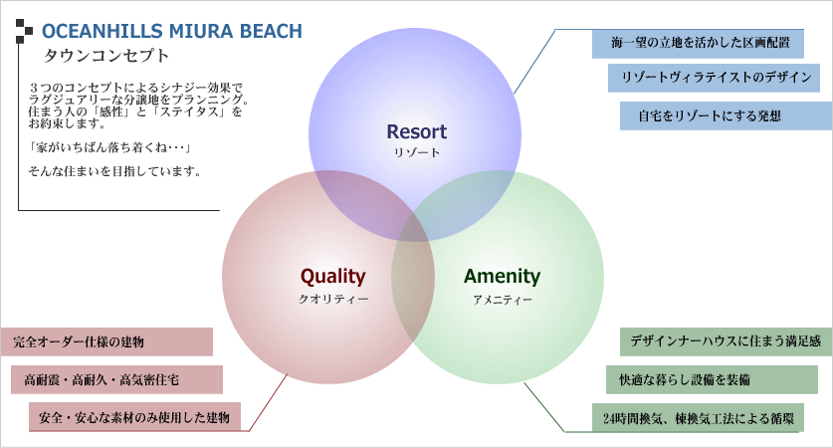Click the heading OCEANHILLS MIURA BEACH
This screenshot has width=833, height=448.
point(171,32)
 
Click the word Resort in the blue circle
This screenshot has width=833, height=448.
point(416,132)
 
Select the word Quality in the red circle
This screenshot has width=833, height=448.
point(333,277)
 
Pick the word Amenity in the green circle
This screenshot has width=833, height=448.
point(502,277)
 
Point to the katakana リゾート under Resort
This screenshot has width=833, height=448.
point(416,153)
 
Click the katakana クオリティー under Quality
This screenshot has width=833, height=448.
point(333,299)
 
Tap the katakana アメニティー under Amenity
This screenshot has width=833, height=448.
point(502,299)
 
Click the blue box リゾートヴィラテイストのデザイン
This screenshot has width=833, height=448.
point(714,79)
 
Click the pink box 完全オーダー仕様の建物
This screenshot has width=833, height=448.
point(106,342)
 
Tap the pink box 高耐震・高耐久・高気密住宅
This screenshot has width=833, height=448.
point(115,379)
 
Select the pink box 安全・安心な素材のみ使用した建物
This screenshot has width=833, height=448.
point(134,417)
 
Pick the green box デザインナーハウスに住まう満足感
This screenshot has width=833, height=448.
point(726,341)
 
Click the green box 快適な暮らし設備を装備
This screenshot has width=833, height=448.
point(712,379)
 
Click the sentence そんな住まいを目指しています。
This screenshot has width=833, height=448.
point(115,171)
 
